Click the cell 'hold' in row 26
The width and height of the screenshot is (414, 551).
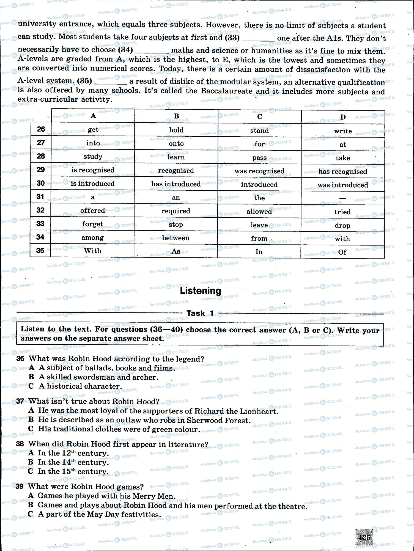[x=176, y=130]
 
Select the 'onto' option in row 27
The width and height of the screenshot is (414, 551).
[x=176, y=144]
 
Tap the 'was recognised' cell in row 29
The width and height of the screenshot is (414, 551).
[x=259, y=171]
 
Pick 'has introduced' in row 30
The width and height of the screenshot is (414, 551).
[x=176, y=184]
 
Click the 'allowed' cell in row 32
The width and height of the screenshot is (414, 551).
[x=259, y=212]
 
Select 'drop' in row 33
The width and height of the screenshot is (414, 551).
[x=342, y=225]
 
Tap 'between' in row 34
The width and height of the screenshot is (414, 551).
[x=176, y=238]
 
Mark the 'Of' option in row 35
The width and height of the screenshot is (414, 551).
[x=342, y=252]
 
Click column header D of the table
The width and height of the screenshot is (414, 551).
[x=343, y=117]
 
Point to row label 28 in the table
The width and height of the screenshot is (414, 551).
[x=41, y=156]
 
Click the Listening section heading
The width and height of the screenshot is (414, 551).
[x=200, y=291]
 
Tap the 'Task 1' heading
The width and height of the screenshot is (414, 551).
[x=200, y=313]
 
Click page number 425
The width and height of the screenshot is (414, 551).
[x=364, y=537]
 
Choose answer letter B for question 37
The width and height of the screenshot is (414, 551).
[x=31, y=420]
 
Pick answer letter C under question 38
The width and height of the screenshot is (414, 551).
[x=31, y=471]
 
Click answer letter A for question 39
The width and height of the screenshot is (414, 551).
[x=31, y=496]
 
